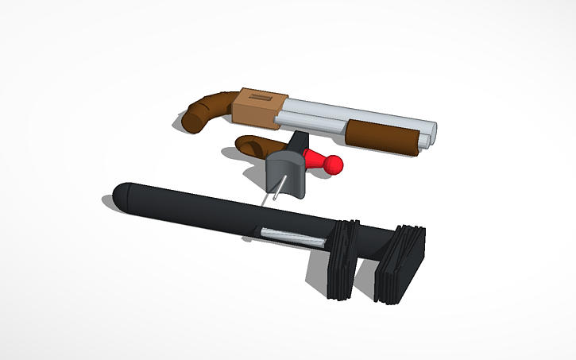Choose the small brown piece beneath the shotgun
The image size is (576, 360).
click(x=253, y=145)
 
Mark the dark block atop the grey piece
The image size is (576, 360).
click(x=298, y=143)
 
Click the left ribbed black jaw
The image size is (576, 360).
click(x=340, y=258)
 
